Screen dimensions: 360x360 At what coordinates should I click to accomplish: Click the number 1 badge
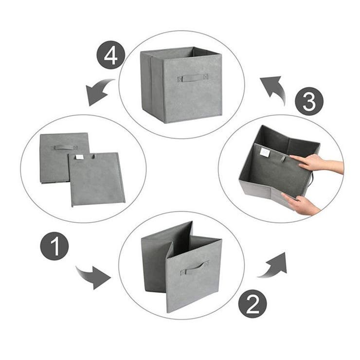tap(54, 246)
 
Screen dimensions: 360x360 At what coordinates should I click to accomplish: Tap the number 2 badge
tap(252, 304)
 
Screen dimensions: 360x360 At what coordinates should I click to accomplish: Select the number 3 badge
tap(309, 101)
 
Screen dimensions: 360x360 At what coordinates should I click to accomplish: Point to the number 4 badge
tap(111, 55)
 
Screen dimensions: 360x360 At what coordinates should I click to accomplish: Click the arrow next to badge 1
tap(94, 277)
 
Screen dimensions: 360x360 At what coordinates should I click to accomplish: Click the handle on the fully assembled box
tap(193, 78)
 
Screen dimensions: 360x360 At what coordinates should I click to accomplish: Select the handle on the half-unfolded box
tap(194, 268)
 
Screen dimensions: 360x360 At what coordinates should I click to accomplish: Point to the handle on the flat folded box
tap(64, 147)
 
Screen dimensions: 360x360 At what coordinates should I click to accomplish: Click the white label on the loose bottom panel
tap(79, 157)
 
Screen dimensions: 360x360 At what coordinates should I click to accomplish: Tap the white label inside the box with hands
tap(265, 152)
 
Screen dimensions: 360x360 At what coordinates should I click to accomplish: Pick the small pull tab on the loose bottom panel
tap(94, 156)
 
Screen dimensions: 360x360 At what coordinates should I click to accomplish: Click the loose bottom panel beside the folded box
tap(97, 180)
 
